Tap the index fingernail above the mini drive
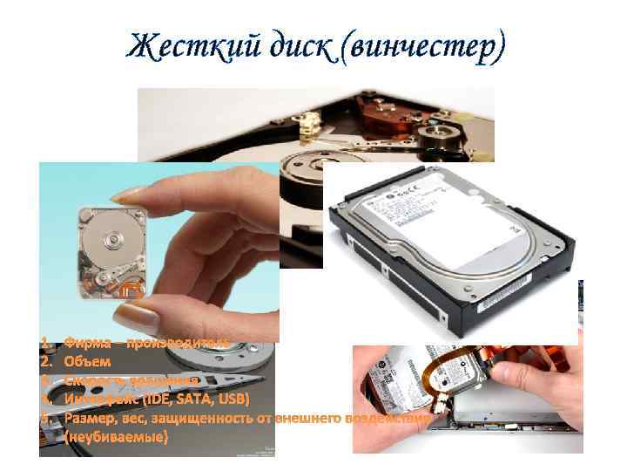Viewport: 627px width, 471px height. click(x=131, y=195)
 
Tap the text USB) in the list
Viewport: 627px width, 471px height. click(x=234, y=399)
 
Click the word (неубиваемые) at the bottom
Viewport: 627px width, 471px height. click(x=115, y=437)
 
